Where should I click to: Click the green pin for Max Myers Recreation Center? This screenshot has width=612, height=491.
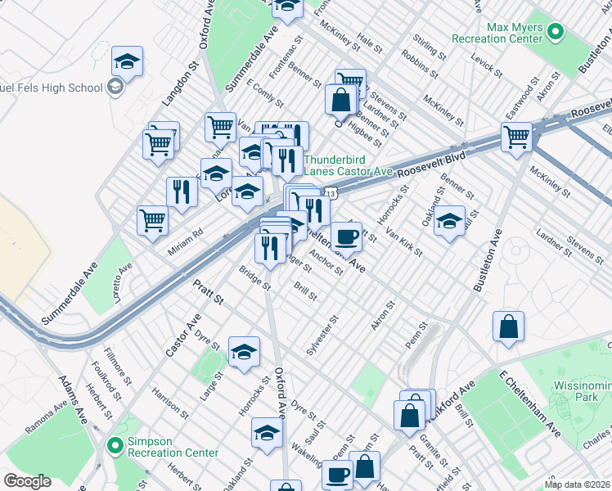[x=556, y=34]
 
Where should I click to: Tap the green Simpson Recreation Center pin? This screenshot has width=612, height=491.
[x=115, y=446]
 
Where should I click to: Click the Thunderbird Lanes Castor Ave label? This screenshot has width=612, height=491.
[x=348, y=165]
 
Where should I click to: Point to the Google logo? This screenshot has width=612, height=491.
[x=27, y=481]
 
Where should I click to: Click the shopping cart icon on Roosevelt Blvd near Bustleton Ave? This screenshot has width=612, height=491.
[x=517, y=137]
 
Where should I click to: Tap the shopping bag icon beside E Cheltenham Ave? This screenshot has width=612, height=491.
[x=508, y=327]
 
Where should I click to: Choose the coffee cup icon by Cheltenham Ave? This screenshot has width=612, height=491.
[x=346, y=237]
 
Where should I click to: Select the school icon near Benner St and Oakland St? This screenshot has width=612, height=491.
[x=448, y=222]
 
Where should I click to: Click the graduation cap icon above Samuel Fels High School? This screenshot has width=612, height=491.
[x=127, y=61]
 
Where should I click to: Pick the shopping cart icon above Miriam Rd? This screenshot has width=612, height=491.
[x=153, y=220]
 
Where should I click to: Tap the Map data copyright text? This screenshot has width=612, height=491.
[x=578, y=484]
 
